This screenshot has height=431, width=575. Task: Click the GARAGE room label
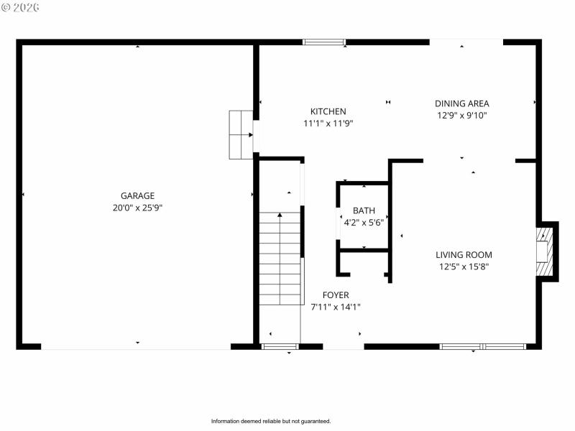click(137, 195)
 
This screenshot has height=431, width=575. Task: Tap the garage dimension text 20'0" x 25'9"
click(137, 208)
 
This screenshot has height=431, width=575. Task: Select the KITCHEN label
click(328, 111)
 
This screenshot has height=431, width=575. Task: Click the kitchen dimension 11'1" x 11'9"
click(328, 124)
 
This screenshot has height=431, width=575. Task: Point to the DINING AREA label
click(462, 103)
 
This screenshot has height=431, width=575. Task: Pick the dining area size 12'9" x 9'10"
click(462, 115)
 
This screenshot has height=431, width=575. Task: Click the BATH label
click(364, 210)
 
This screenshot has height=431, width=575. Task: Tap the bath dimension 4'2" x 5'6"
click(364, 223)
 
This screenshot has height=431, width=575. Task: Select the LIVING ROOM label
click(464, 254)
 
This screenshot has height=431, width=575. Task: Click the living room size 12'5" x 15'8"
click(464, 267)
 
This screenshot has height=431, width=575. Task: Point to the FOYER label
click(336, 295)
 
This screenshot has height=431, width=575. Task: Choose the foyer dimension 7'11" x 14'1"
click(336, 307)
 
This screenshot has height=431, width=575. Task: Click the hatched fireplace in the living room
click(546, 251)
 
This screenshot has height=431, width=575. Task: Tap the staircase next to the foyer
click(280, 259)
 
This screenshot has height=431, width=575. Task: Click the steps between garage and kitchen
click(241, 134)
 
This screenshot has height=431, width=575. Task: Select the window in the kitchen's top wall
click(324, 42)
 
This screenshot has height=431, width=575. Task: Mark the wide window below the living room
click(482, 346)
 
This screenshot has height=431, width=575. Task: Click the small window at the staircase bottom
click(280, 347)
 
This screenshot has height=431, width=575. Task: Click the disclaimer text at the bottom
click(270, 421)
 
